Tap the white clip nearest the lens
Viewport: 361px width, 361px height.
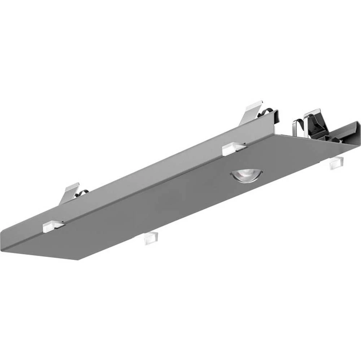(233, 149)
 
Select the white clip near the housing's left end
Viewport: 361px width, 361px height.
(53, 226)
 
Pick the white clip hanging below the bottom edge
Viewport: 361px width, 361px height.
(151, 238)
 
